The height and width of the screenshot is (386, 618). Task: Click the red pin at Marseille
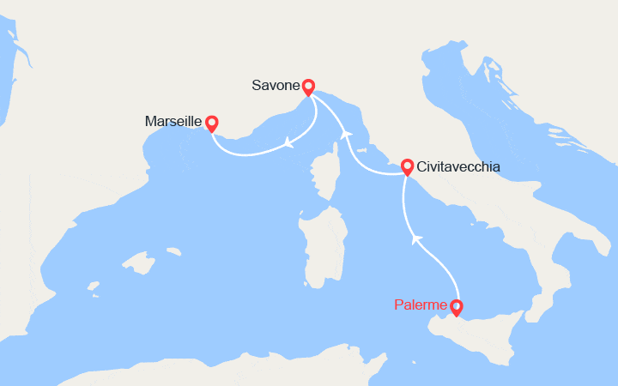(x=210, y=124)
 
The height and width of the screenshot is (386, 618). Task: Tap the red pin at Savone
(x=308, y=86)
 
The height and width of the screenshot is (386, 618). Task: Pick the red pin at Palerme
(x=456, y=306)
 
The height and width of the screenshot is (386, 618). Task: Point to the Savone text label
(x=276, y=86)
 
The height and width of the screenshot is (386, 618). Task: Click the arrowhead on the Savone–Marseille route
(x=288, y=143)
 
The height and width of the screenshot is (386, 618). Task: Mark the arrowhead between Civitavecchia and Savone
(x=346, y=134)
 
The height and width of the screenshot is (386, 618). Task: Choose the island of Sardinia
(x=324, y=249)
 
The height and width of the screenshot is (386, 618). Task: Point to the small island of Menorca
(x=173, y=252)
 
